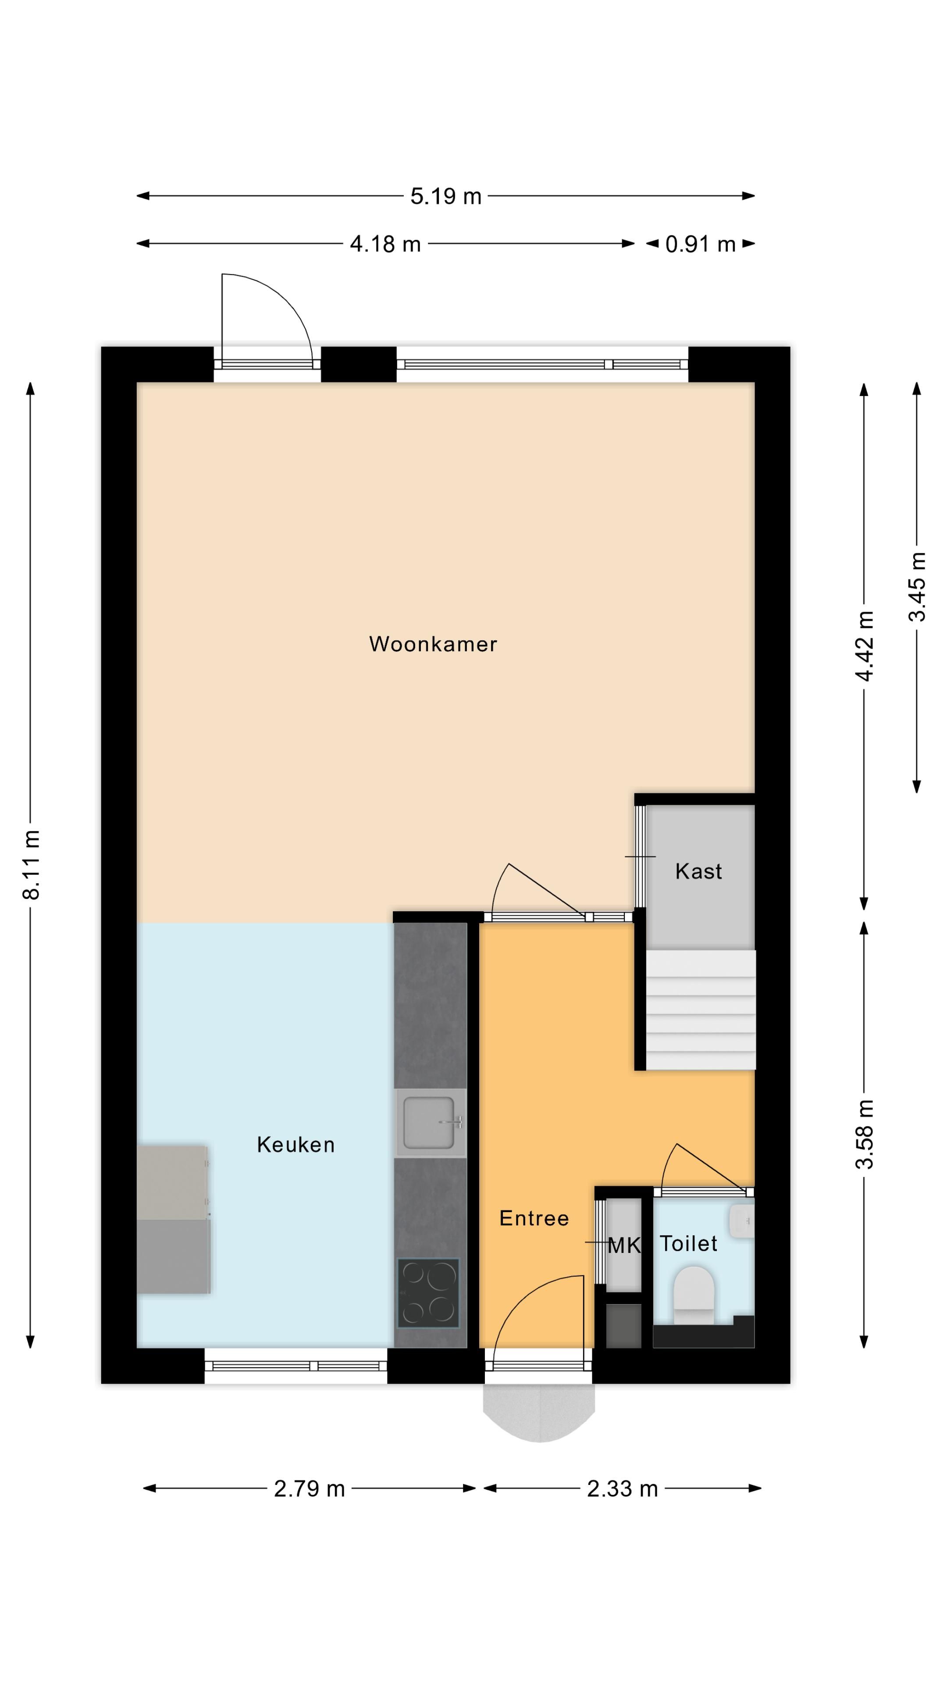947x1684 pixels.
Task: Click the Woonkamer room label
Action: tap(433, 644)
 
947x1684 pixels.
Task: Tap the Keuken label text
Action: tap(295, 1145)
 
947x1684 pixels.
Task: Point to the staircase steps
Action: tap(701, 1010)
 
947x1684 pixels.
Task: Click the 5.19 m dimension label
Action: tap(446, 196)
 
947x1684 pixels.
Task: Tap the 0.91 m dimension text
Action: tap(701, 245)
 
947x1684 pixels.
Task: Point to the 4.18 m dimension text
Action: tap(385, 245)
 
